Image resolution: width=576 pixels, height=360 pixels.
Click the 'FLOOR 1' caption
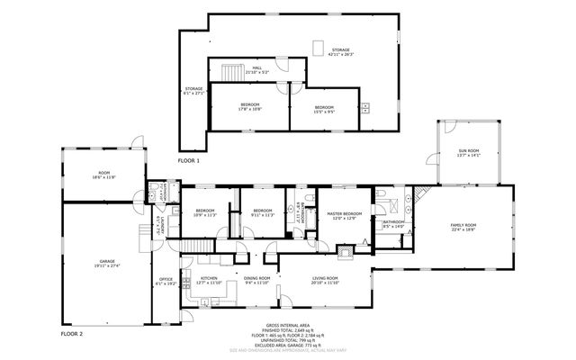[x=188, y=159]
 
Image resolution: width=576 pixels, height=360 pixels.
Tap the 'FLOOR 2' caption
[x=71, y=333]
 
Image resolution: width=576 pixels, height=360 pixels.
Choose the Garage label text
[x=107, y=264]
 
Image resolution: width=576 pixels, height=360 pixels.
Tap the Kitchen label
[x=209, y=280]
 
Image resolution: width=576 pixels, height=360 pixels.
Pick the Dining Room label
[x=257, y=280]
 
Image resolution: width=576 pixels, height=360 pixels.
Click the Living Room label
[x=325, y=280]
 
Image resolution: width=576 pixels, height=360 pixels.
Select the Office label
[x=166, y=281]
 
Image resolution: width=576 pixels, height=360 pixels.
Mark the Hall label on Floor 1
[x=256, y=69]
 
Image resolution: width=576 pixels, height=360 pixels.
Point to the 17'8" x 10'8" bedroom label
[x=249, y=108]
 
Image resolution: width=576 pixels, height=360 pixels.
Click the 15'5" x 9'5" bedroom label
[x=324, y=109]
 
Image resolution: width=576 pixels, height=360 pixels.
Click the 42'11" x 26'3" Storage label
[x=339, y=52]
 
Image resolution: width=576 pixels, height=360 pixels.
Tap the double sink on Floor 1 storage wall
[x=365, y=107]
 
